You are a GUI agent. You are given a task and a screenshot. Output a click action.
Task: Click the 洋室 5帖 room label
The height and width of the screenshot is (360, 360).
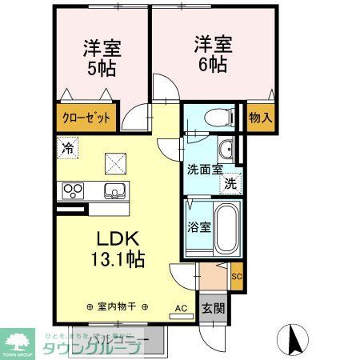point(102,57)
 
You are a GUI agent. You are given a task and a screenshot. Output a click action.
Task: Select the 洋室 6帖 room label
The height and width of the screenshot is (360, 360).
point(212,53)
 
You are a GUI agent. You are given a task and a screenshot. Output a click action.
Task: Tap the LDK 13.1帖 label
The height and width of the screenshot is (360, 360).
point(120,247)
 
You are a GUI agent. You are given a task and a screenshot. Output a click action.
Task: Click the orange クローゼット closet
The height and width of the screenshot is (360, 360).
point(87,117)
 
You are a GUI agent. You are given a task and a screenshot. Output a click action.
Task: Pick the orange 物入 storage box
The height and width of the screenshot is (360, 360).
point(260,117)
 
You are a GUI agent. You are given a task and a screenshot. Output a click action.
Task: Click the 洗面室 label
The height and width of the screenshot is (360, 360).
point(204,170)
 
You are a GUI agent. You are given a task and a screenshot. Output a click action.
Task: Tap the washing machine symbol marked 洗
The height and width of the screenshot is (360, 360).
point(231,183)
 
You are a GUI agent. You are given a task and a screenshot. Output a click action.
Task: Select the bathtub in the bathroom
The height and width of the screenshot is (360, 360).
point(228,226)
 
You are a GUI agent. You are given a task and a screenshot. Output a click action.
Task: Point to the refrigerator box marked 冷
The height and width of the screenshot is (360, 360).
point(68,148)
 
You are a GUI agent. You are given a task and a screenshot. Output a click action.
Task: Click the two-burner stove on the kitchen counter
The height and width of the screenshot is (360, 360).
point(74,190)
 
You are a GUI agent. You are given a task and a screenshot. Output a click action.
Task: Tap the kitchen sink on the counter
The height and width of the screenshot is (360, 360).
point(114,190)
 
